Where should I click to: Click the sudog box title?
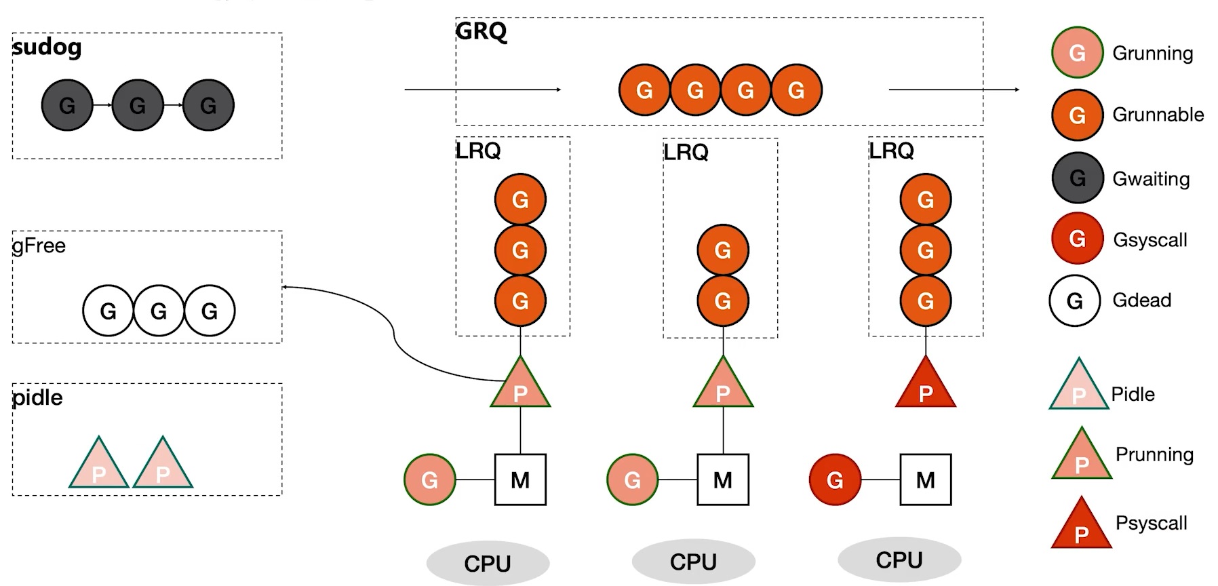tap(47, 47)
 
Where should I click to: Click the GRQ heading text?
tap(481, 31)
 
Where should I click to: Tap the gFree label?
tap(39, 246)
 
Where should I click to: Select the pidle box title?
tap(37, 397)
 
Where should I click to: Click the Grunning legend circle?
tap(1077, 53)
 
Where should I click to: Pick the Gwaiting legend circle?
tap(1077, 178)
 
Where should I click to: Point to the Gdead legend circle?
tap(1075, 300)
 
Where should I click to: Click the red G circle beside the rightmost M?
tap(835, 480)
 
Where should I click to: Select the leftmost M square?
tap(520, 480)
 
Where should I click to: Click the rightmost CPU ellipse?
tap(899, 560)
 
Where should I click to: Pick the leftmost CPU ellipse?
tap(488, 563)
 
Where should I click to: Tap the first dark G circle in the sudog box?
tap(67, 105)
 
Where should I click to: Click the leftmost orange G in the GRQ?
tap(644, 90)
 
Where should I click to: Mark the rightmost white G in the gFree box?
tap(210, 311)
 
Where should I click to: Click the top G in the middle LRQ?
tap(723, 250)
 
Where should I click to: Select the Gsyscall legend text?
tap(1150, 239)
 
